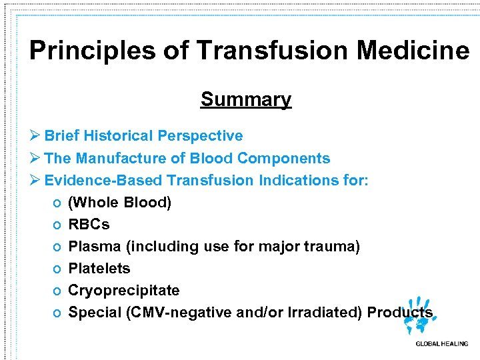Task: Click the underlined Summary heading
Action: [x=246, y=99]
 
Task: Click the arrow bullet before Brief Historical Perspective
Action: [x=36, y=136]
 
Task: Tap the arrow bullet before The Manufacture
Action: [x=36, y=159]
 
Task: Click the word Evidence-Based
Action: [x=103, y=181]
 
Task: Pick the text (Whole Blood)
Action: [x=120, y=203]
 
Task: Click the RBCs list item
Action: [x=89, y=225]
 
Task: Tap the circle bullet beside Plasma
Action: [x=58, y=247]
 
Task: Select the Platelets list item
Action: [x=99, y=269]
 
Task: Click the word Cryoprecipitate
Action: [x=124, y=291]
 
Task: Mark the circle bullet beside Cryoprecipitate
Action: [x=58, y=291]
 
